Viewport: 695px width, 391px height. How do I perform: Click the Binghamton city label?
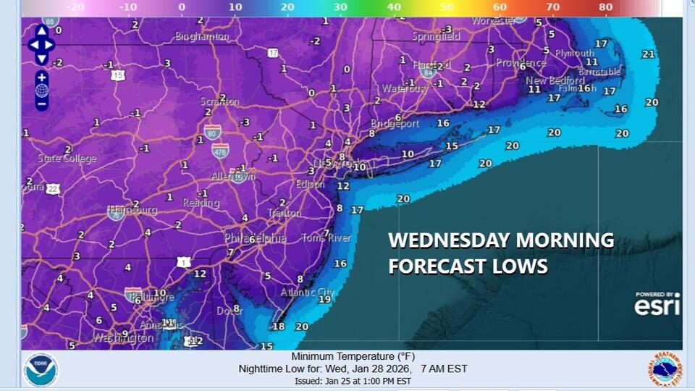coord(202,36)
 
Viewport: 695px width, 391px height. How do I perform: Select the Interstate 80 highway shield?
coord(212,133)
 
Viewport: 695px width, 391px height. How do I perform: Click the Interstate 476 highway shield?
coord(220,151)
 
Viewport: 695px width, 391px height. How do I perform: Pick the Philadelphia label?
coord(255,238)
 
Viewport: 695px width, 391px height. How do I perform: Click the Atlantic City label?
coord(308,292)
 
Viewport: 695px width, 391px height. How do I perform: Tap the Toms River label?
coord(326,237)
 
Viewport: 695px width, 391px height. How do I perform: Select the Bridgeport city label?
coord(395,124)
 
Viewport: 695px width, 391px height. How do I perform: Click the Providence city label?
coord(521,64)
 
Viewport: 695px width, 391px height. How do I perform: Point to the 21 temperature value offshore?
coord(648,54)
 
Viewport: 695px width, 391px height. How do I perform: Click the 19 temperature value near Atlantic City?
coord(325,299)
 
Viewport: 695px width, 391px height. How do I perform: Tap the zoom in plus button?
coord(41,77)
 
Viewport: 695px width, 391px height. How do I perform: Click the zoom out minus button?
coord(41,104)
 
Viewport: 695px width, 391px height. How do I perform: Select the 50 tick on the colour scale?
coord(447,7)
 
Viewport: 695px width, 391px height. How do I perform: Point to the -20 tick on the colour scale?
coord(75,7)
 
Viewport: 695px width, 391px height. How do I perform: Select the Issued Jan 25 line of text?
coord(353,381)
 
